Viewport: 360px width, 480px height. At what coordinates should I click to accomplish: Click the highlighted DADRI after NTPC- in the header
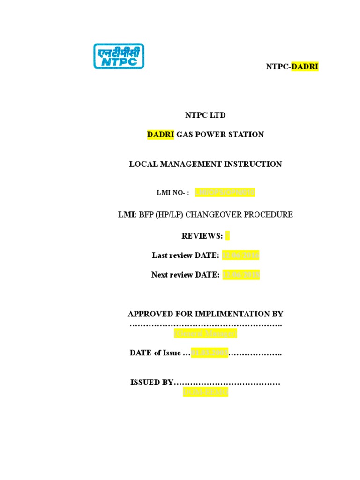coord(305,67)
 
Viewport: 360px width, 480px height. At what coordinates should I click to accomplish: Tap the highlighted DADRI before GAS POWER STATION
coord(161,135)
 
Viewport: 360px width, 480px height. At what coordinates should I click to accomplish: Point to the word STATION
coord(247,135)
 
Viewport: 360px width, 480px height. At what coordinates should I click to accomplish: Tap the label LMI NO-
coord(172,193)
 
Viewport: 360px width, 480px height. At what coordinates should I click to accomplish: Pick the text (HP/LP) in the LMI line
coord(167,215)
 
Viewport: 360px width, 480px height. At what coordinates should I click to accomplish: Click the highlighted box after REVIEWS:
coord(228,235)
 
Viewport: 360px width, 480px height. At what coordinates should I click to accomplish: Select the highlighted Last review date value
coord(240,255)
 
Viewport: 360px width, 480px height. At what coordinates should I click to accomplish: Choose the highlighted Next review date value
coord(240,275)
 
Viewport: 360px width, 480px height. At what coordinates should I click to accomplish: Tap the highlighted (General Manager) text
coord(206,333)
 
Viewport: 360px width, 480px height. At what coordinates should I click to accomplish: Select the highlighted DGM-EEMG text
coord(205,392)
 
